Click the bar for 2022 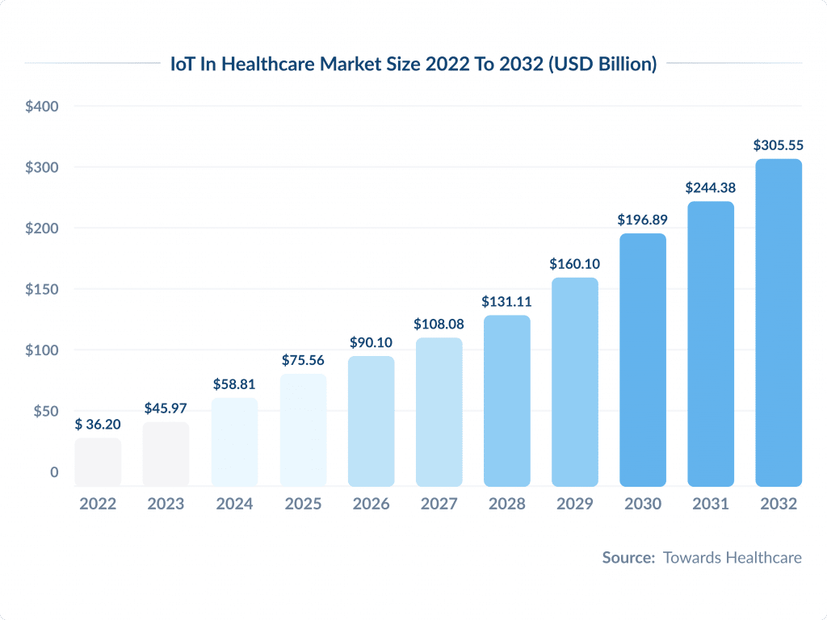click(98, 463)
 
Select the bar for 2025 click(303, 430)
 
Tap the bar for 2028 click(506, 401)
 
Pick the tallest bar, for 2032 click(779, 323)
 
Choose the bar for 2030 click(643, 360)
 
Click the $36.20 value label click(98, 424)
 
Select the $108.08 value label click(439, 324)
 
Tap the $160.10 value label click(574, 264)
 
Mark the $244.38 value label click(711, 187)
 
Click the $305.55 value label click(779, 145)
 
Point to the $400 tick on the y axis click(41, 106)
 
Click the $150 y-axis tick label click(41, 289)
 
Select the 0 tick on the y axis click(54, 472)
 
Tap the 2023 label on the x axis click(166, 504)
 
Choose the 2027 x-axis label click(439, 504)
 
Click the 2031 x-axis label click(711, 504)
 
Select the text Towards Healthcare click(732, 557)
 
